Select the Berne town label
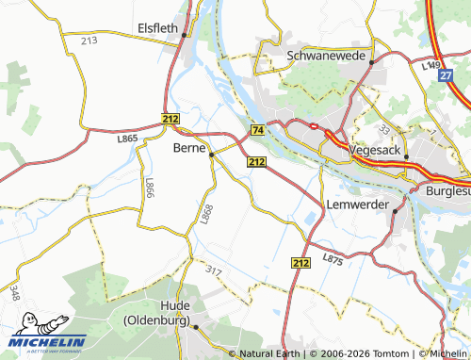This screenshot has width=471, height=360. coord(190,147)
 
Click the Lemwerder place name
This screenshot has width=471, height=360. coord(357,203)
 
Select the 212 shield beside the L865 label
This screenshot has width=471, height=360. coord(170,120)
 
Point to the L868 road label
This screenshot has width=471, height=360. coord(207,215)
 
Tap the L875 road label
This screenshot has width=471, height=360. coord(332,257)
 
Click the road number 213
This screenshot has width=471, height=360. coord(89,41)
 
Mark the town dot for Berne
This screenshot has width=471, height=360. coord(212,154)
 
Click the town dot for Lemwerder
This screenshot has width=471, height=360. coord(396,212)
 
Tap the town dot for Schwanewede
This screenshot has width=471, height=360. coord(372,62)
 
